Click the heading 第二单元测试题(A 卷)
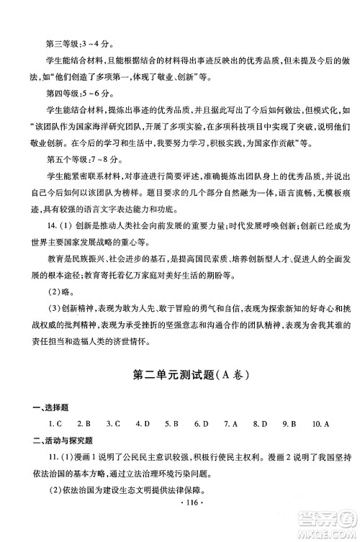click(x=180, y=376)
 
